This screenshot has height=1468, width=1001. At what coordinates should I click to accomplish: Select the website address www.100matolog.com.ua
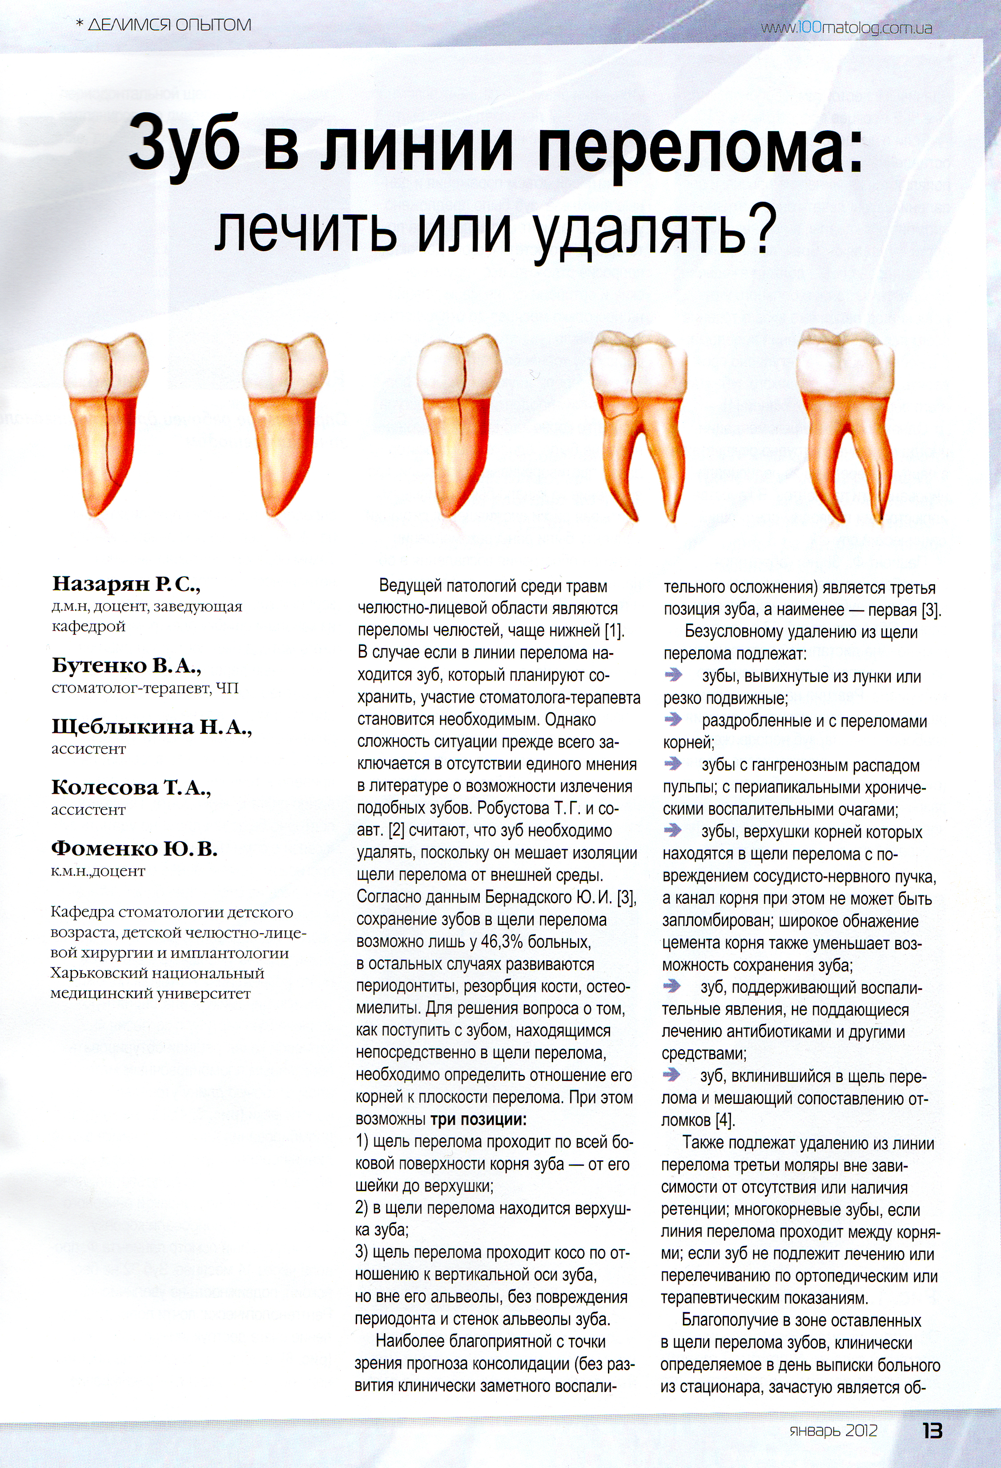846,28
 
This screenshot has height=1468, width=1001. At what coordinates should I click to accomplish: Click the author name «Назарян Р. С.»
126,584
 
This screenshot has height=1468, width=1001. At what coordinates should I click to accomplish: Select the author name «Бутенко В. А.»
126,665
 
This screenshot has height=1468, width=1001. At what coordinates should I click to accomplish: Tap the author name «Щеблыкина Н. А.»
152,727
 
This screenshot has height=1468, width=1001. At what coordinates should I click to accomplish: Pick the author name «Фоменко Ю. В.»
134,848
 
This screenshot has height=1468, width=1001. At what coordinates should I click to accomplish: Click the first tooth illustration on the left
105,426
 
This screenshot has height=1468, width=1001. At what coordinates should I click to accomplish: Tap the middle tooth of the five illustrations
458,426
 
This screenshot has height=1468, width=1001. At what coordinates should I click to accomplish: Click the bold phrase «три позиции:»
478,1120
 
